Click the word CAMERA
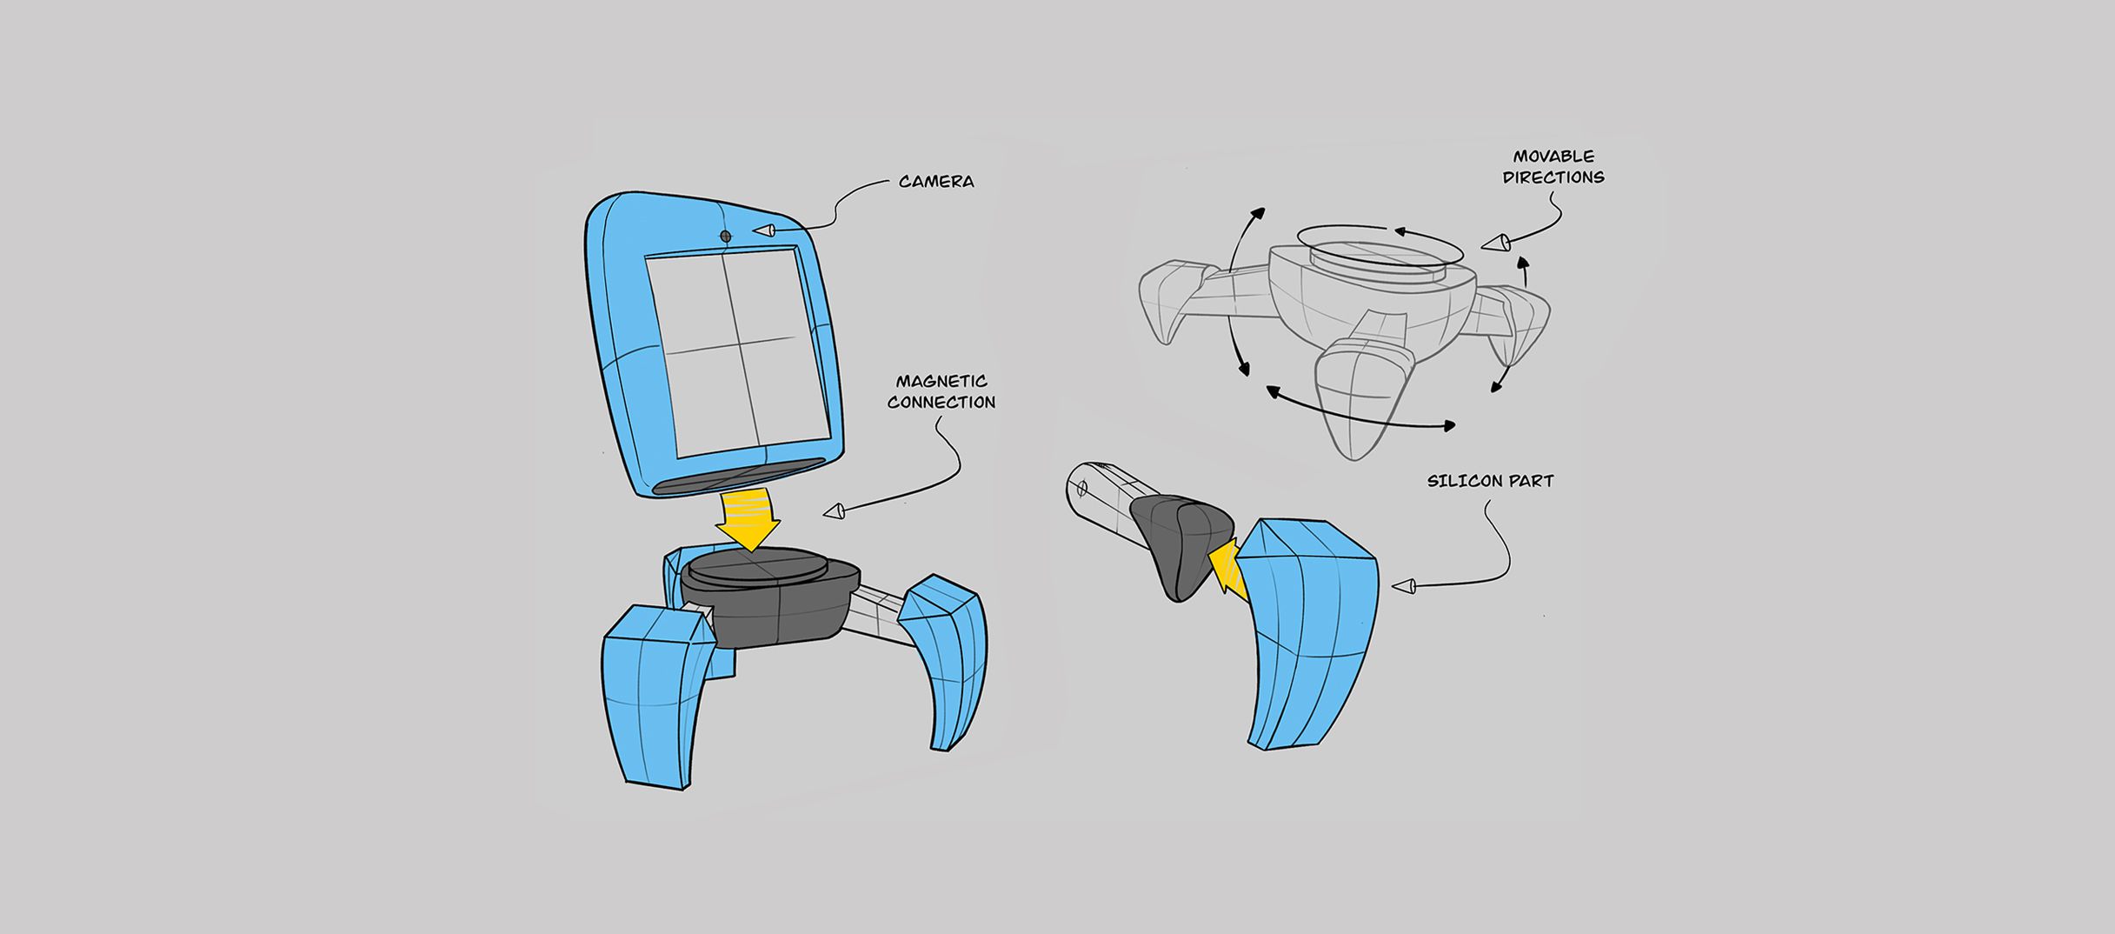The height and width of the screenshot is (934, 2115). [936, 182]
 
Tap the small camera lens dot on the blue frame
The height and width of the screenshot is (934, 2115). [726, 236]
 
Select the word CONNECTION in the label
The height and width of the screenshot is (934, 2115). [941, 403]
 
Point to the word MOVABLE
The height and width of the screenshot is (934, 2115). [1553, 157]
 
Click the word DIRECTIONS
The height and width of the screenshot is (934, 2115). [1553, 177]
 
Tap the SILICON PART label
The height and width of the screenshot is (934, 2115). [1490, 481]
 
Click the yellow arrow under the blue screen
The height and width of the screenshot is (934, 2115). [748, 519]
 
